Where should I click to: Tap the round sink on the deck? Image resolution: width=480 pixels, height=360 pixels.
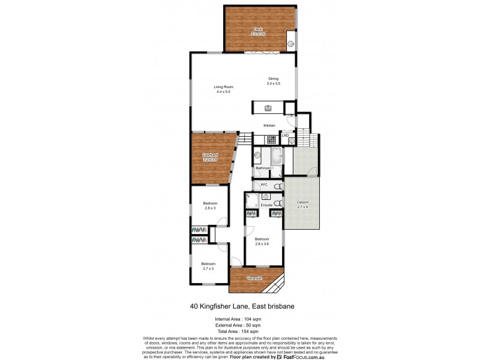click(x=290, y=43)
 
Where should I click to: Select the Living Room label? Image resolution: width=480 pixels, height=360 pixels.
click(x=223, y=88)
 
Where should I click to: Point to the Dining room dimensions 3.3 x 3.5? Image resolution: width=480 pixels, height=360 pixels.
click(x=273, y=83)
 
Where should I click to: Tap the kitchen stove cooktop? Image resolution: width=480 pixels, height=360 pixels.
click(x=271, y=139)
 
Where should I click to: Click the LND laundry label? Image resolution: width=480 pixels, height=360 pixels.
click(x=285, y=136)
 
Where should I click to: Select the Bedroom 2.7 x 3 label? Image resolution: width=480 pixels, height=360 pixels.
click(x=208, y=264)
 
